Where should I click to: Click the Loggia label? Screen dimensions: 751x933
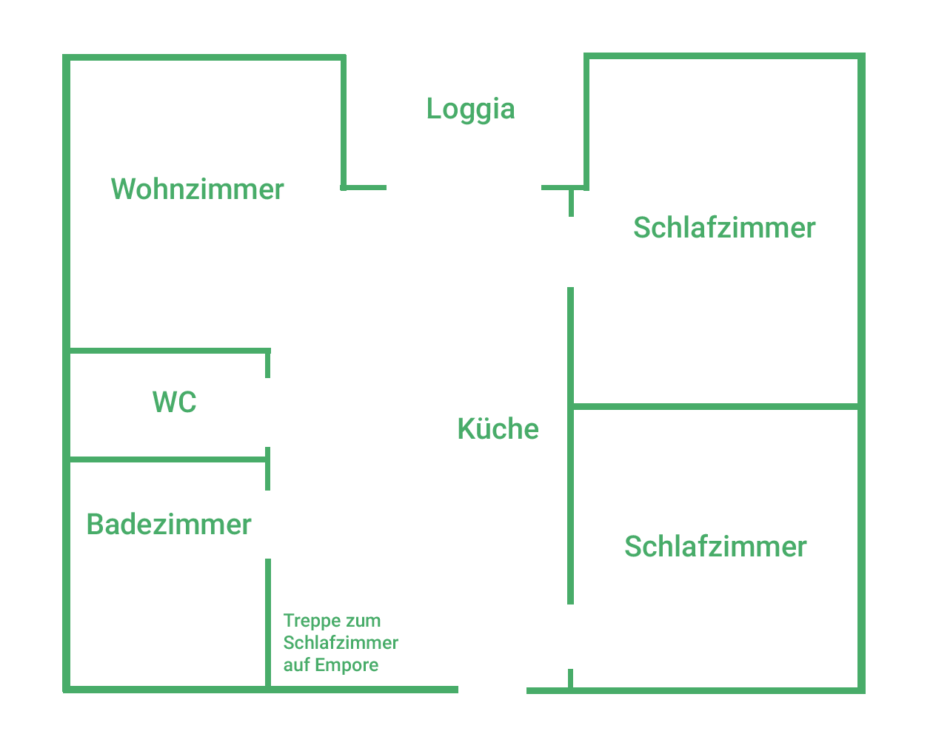470,110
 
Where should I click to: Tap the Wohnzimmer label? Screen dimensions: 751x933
197,189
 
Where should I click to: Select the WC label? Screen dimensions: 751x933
174,402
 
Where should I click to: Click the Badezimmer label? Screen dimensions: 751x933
169,525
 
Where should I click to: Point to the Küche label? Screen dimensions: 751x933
498,429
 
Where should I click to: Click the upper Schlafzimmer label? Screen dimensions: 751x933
723,228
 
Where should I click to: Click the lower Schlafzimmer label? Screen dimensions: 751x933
715,547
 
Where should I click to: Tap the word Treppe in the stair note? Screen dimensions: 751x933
307,621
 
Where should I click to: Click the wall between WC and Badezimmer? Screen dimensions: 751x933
167,459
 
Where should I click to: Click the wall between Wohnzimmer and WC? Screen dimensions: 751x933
167,351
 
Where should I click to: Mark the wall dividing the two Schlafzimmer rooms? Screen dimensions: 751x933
715,406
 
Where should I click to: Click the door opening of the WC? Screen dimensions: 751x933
268,412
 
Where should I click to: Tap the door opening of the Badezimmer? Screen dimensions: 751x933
268,524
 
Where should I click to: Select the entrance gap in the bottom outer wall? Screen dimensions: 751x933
492,690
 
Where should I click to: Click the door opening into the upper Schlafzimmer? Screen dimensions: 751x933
571,252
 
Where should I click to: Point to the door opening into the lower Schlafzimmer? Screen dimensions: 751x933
571,636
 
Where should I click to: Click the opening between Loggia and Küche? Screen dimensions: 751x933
464,188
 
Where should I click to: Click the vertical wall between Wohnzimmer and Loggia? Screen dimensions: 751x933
344,122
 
